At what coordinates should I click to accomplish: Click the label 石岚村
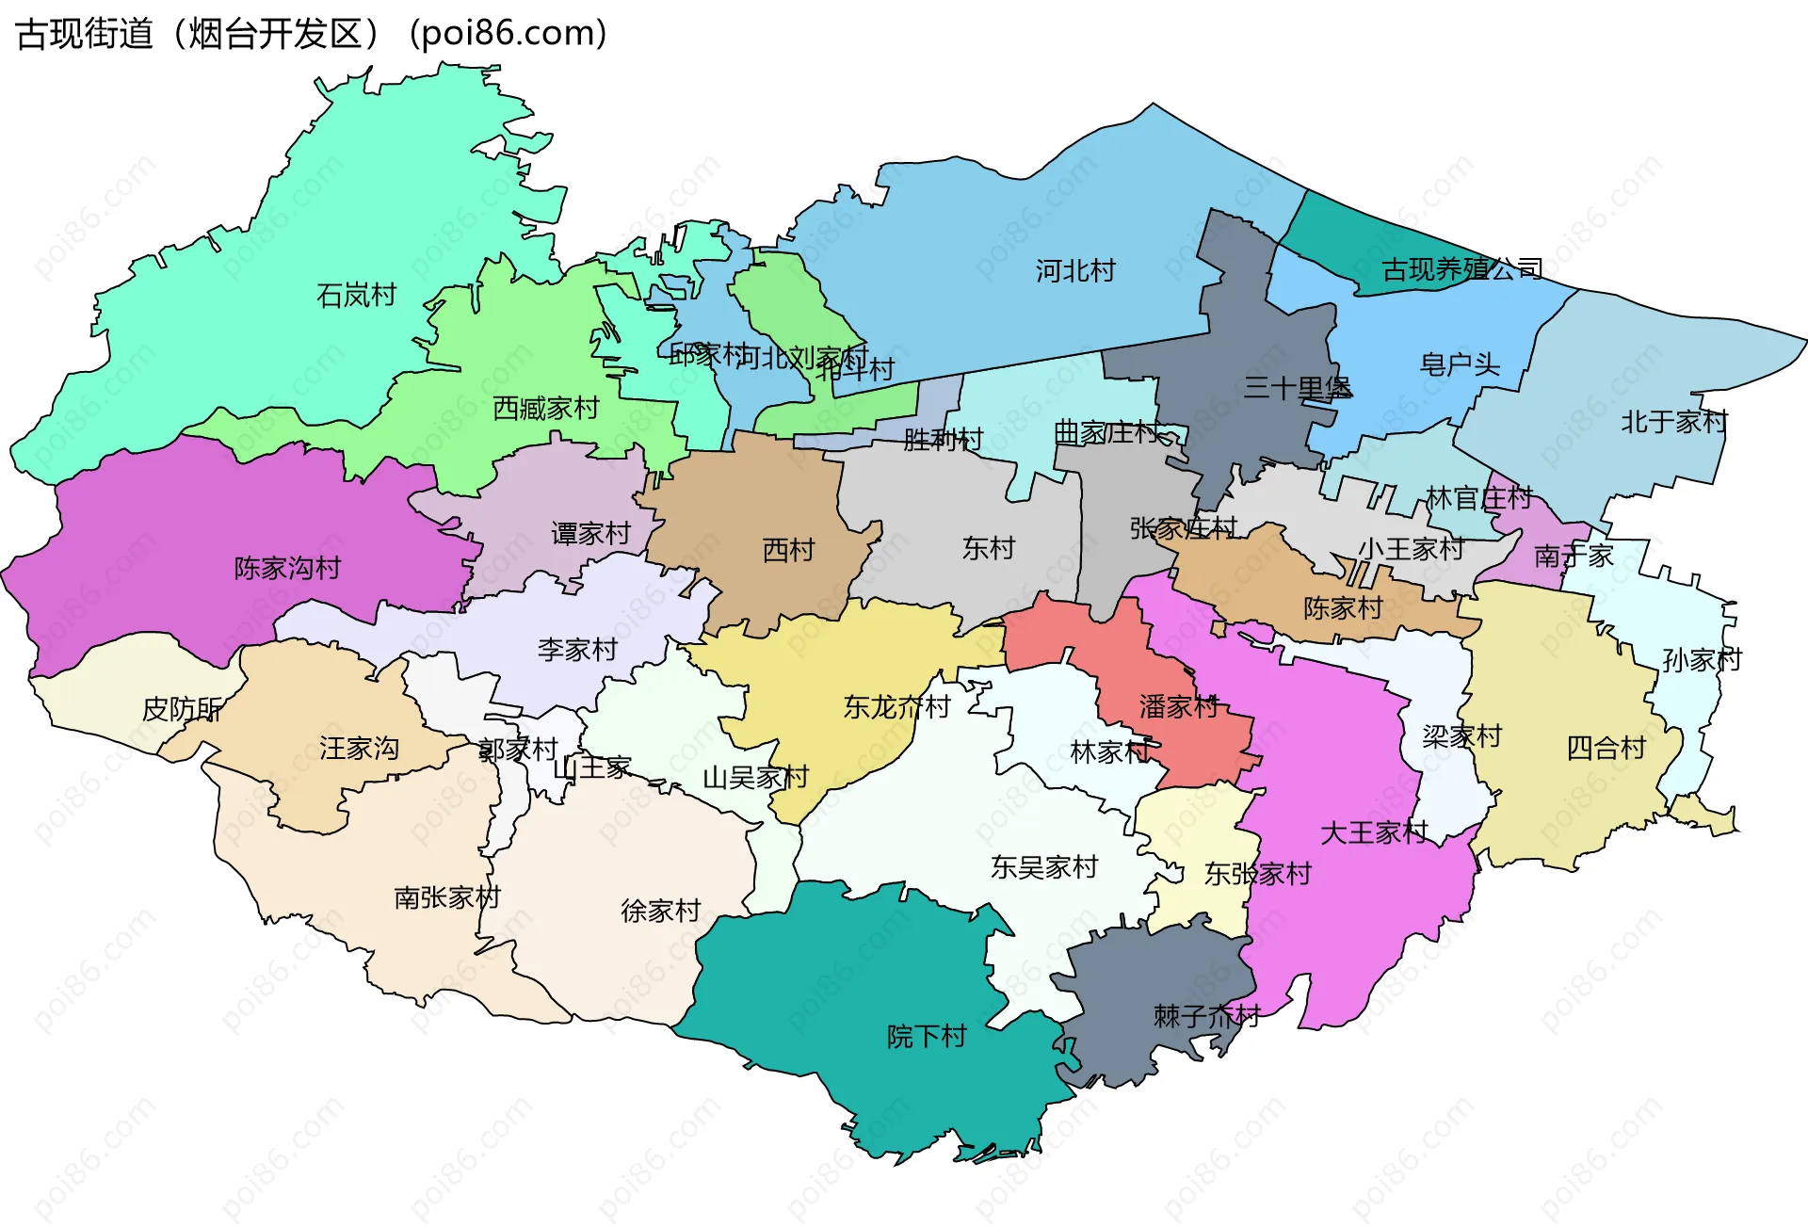(356, 296)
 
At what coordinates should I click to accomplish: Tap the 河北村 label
(1075, 271)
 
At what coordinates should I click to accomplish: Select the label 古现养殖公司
(1461, 270)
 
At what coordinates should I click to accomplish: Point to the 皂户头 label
(1460, 364)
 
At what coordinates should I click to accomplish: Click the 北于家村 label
(1673, 422)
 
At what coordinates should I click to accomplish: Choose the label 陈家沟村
(287, 569)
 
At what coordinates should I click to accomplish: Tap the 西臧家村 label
(546, 409)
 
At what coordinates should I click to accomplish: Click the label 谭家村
(590, 534)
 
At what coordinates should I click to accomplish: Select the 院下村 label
(927, 1037)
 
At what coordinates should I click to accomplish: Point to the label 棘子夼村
(1206, 1016)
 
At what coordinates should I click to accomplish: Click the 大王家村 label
(1374, 832)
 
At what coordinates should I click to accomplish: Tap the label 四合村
(1606, 749)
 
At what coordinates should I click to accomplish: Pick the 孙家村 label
(1702, 660)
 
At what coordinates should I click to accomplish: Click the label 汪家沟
(359, 749)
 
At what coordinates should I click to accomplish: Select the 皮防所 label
(182, 709)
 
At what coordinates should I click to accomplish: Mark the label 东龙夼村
(896, 707)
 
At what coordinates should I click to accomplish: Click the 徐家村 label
(660, 911)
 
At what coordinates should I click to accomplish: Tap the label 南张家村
(446, 897)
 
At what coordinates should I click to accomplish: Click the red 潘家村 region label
(1178, 706)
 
